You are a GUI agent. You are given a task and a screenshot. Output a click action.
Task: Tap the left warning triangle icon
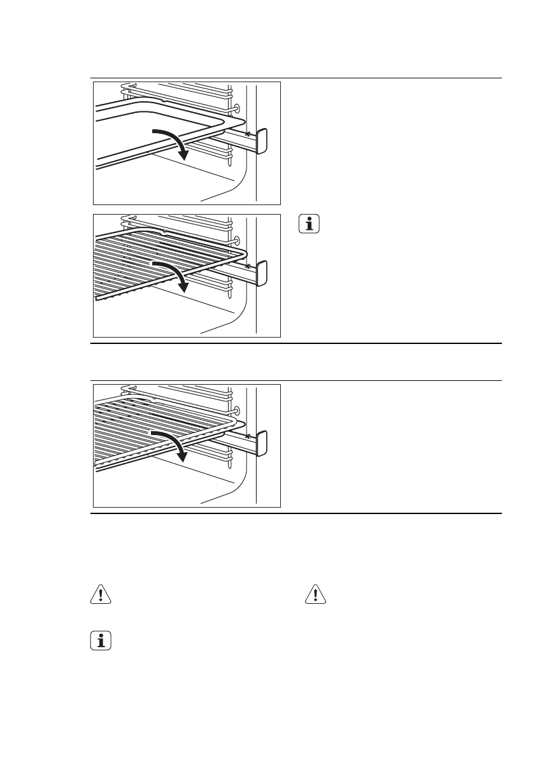coord(99,594)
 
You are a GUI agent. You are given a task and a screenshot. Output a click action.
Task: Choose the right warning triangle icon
coord(315,594)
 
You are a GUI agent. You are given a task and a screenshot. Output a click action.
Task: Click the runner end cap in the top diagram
coord(262,141)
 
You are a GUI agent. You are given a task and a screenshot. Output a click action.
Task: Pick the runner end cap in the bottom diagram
coord(262,443)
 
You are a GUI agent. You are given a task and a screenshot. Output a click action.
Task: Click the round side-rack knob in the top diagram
coord(237,108)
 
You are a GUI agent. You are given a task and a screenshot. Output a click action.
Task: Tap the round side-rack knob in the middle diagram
coord(237,240)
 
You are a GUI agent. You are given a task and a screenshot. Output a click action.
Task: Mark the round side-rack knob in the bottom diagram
coord(237,410)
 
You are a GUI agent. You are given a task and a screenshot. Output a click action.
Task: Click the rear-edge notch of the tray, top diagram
coord(164,100)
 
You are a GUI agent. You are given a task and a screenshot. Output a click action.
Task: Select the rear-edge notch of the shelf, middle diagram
coord(164,233)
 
